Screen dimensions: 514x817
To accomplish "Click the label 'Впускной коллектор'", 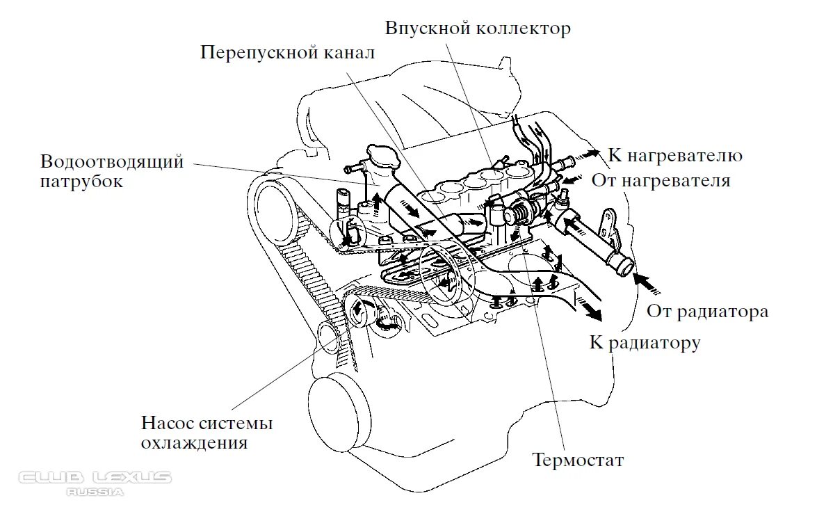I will [x=478, y=29].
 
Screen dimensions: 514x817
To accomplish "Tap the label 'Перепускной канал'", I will [x=288, y=54].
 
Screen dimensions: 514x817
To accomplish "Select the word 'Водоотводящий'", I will [x=112, y=163].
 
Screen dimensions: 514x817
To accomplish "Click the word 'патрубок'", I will [x=82, y=182].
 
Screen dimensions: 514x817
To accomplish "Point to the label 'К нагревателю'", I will [x=675, y=155].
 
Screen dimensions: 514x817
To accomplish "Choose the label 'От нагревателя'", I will [x=661, y=181].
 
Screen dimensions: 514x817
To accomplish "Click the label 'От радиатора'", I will [x=708, y=311].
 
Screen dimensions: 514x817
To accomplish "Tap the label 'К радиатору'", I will [x=645, y=342].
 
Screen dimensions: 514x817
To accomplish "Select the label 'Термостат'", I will [x=578, y=460].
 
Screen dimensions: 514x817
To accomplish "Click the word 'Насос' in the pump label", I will [x=168, y=423].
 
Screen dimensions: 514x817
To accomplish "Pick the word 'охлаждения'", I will [x=194, y=442].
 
